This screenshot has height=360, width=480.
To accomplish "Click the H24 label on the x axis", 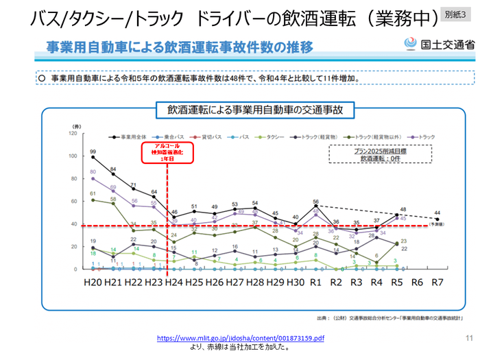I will tap(173, 282).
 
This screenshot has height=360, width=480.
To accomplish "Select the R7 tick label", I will tap(436, 282).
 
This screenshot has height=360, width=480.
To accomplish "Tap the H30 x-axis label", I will tap(295, 282).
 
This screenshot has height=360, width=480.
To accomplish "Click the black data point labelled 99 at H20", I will tap(93, 158).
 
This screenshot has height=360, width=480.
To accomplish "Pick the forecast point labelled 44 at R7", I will tap(436, 219).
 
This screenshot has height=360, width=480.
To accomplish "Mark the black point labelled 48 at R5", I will tap(396, 215).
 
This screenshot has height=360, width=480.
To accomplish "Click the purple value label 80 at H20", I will tap(93, 171).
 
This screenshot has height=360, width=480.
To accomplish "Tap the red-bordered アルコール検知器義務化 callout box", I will tap(167, 153).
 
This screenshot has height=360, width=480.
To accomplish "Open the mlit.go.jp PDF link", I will tap(241, 339).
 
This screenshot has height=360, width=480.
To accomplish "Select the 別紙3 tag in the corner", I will tap(456, 14).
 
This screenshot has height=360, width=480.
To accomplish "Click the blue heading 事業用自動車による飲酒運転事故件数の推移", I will tap(180, 47).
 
